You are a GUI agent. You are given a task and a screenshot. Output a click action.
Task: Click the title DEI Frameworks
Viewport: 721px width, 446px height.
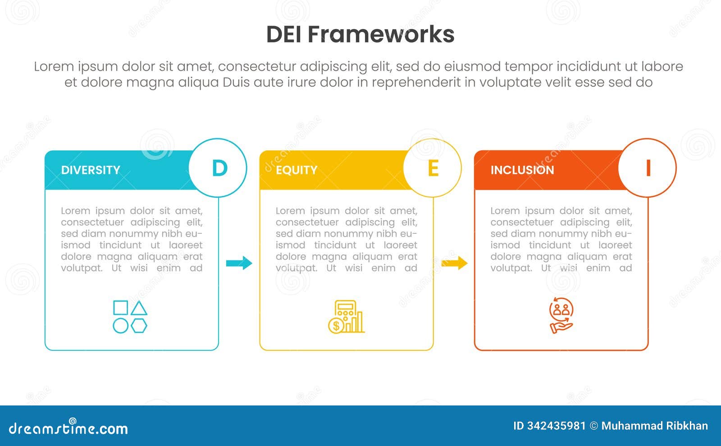360,34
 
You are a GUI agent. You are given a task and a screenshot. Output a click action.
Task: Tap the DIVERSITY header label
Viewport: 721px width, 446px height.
91,170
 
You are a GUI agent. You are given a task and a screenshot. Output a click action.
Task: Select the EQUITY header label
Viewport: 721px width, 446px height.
297,170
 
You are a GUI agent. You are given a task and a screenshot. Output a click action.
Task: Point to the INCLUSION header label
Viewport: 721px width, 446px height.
522,170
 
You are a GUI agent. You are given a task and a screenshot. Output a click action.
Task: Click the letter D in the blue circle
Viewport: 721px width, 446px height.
219,168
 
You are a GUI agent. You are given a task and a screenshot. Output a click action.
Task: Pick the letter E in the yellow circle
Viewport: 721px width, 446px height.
433,168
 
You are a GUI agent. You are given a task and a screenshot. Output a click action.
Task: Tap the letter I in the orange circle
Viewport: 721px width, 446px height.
648,168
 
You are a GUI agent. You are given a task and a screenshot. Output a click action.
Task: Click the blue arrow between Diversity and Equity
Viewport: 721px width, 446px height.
239,263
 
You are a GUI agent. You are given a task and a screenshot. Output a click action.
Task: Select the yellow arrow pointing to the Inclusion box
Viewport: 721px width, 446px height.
454,263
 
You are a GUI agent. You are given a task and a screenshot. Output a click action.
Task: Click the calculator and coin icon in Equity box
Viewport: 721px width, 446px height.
346,316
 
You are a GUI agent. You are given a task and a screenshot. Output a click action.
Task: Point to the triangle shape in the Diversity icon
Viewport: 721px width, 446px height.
139,308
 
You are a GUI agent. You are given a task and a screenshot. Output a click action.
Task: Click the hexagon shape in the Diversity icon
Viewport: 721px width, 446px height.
139,325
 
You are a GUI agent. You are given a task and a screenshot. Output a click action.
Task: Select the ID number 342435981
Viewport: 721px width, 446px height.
556,426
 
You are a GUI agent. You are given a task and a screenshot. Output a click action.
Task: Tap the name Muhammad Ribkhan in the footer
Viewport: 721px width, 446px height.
654,426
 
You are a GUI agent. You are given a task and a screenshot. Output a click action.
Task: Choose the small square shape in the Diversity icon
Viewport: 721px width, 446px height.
120,308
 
